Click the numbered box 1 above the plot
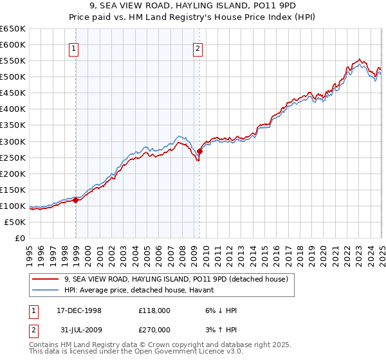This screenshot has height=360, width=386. [74, 48]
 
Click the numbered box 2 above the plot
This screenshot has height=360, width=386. [198, 48]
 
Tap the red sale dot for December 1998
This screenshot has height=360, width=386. [76, 200]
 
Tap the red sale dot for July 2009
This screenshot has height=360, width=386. [200, 151]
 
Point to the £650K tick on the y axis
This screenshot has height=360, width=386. [13, 29]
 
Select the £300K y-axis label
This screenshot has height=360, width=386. [13, 141]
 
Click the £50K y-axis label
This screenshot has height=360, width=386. [15, 222]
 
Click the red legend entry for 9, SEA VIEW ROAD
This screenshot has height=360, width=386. [179, 279]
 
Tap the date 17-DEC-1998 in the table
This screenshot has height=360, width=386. [79, 310]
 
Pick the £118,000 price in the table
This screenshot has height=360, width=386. [154, 310]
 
